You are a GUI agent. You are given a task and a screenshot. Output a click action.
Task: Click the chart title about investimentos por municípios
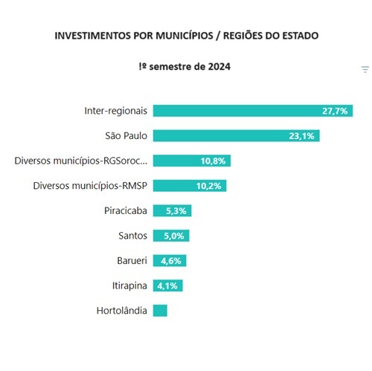(185, 36)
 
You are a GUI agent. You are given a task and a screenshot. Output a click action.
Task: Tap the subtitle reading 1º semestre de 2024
(185, 67)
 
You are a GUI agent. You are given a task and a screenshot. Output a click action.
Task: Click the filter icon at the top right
(365, 70)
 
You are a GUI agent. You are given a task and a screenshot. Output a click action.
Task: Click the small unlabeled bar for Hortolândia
(160, 311)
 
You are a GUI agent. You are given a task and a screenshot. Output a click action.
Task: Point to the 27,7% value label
(335, 111)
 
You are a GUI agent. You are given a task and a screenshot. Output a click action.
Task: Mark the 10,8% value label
(214, 161)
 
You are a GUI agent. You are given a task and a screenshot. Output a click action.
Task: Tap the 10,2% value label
(210, 186)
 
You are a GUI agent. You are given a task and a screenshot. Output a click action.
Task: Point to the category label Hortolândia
(122, 311)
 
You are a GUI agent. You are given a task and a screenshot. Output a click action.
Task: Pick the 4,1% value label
(168, 285)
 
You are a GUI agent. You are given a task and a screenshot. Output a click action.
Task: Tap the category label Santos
(131, 236)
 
